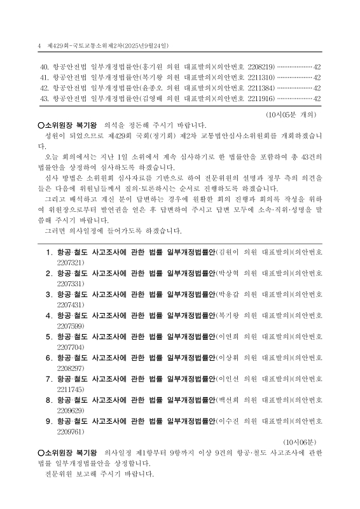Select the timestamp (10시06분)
pos(302,441)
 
